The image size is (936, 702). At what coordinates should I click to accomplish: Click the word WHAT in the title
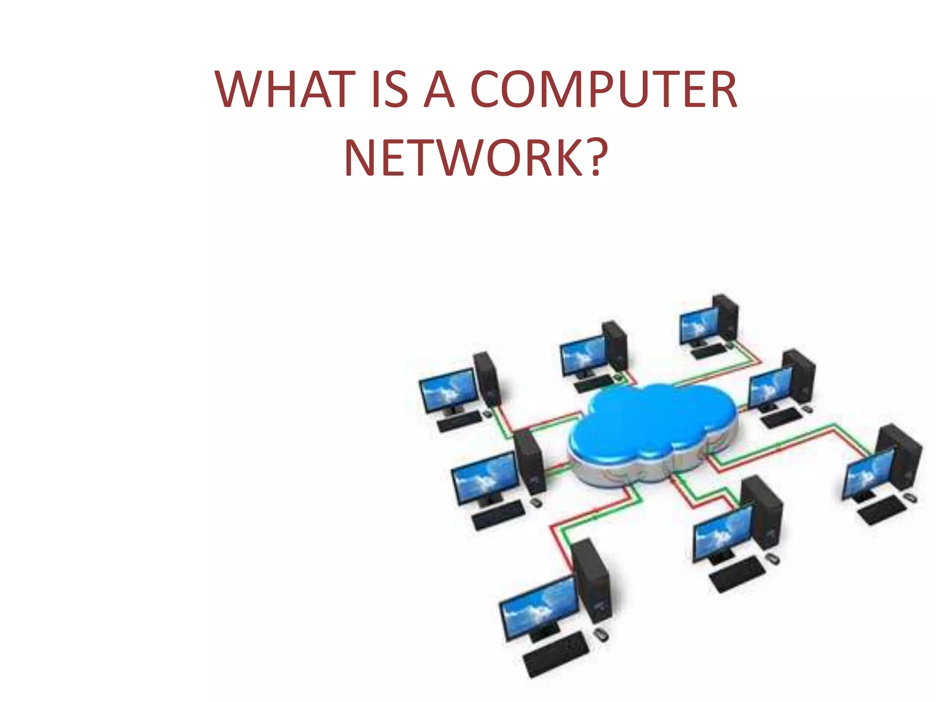285,90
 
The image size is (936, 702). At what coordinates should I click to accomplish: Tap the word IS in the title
389,90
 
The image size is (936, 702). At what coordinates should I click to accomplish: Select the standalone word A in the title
439,90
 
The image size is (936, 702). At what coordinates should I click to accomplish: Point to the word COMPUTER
603,90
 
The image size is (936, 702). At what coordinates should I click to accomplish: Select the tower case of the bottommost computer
590,580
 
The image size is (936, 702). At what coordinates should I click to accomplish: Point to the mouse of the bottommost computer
601,634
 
